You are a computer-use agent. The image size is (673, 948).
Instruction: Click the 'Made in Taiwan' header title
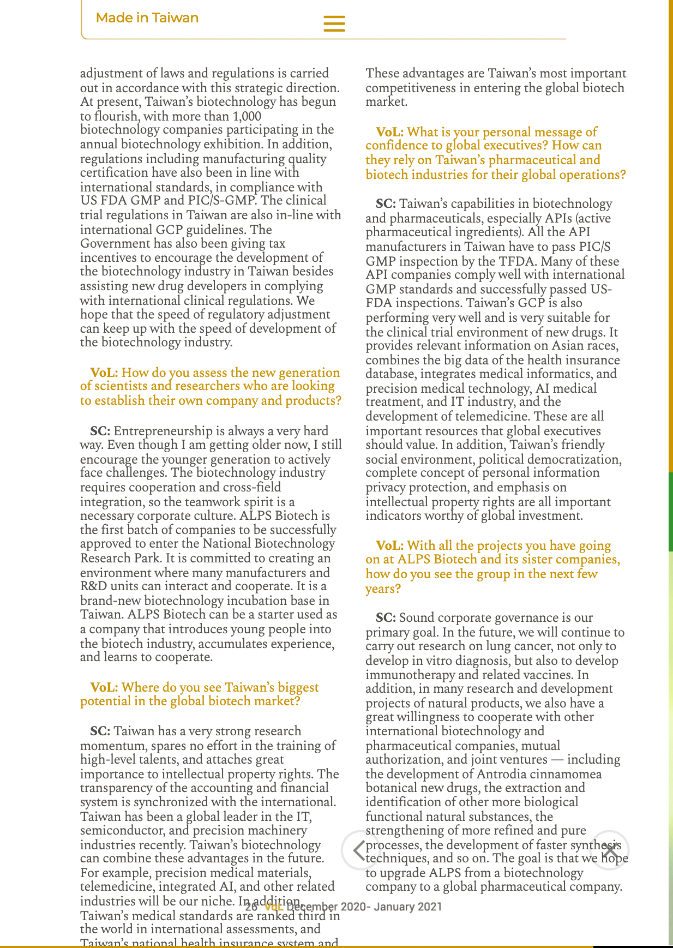147,18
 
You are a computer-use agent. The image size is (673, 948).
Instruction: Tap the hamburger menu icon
334,23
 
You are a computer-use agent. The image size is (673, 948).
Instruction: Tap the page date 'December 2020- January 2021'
364,907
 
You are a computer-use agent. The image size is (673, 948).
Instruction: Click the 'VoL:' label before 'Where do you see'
104,687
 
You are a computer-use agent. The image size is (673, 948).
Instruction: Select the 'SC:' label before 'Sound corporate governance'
386,618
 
